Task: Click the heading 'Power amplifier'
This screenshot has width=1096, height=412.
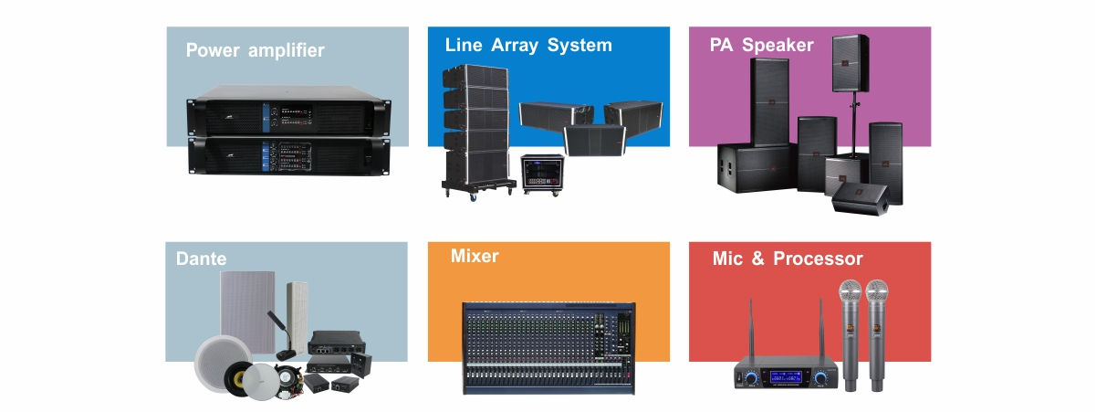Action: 255,50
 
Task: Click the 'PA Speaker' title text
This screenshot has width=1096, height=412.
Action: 761,44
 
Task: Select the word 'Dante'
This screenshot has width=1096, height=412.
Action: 201,259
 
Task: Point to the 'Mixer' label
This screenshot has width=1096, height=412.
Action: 475,256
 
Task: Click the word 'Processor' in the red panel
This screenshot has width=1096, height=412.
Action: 818,259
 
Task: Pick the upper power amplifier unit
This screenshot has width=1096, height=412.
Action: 286,113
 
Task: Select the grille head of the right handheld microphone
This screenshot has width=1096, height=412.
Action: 877,292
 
